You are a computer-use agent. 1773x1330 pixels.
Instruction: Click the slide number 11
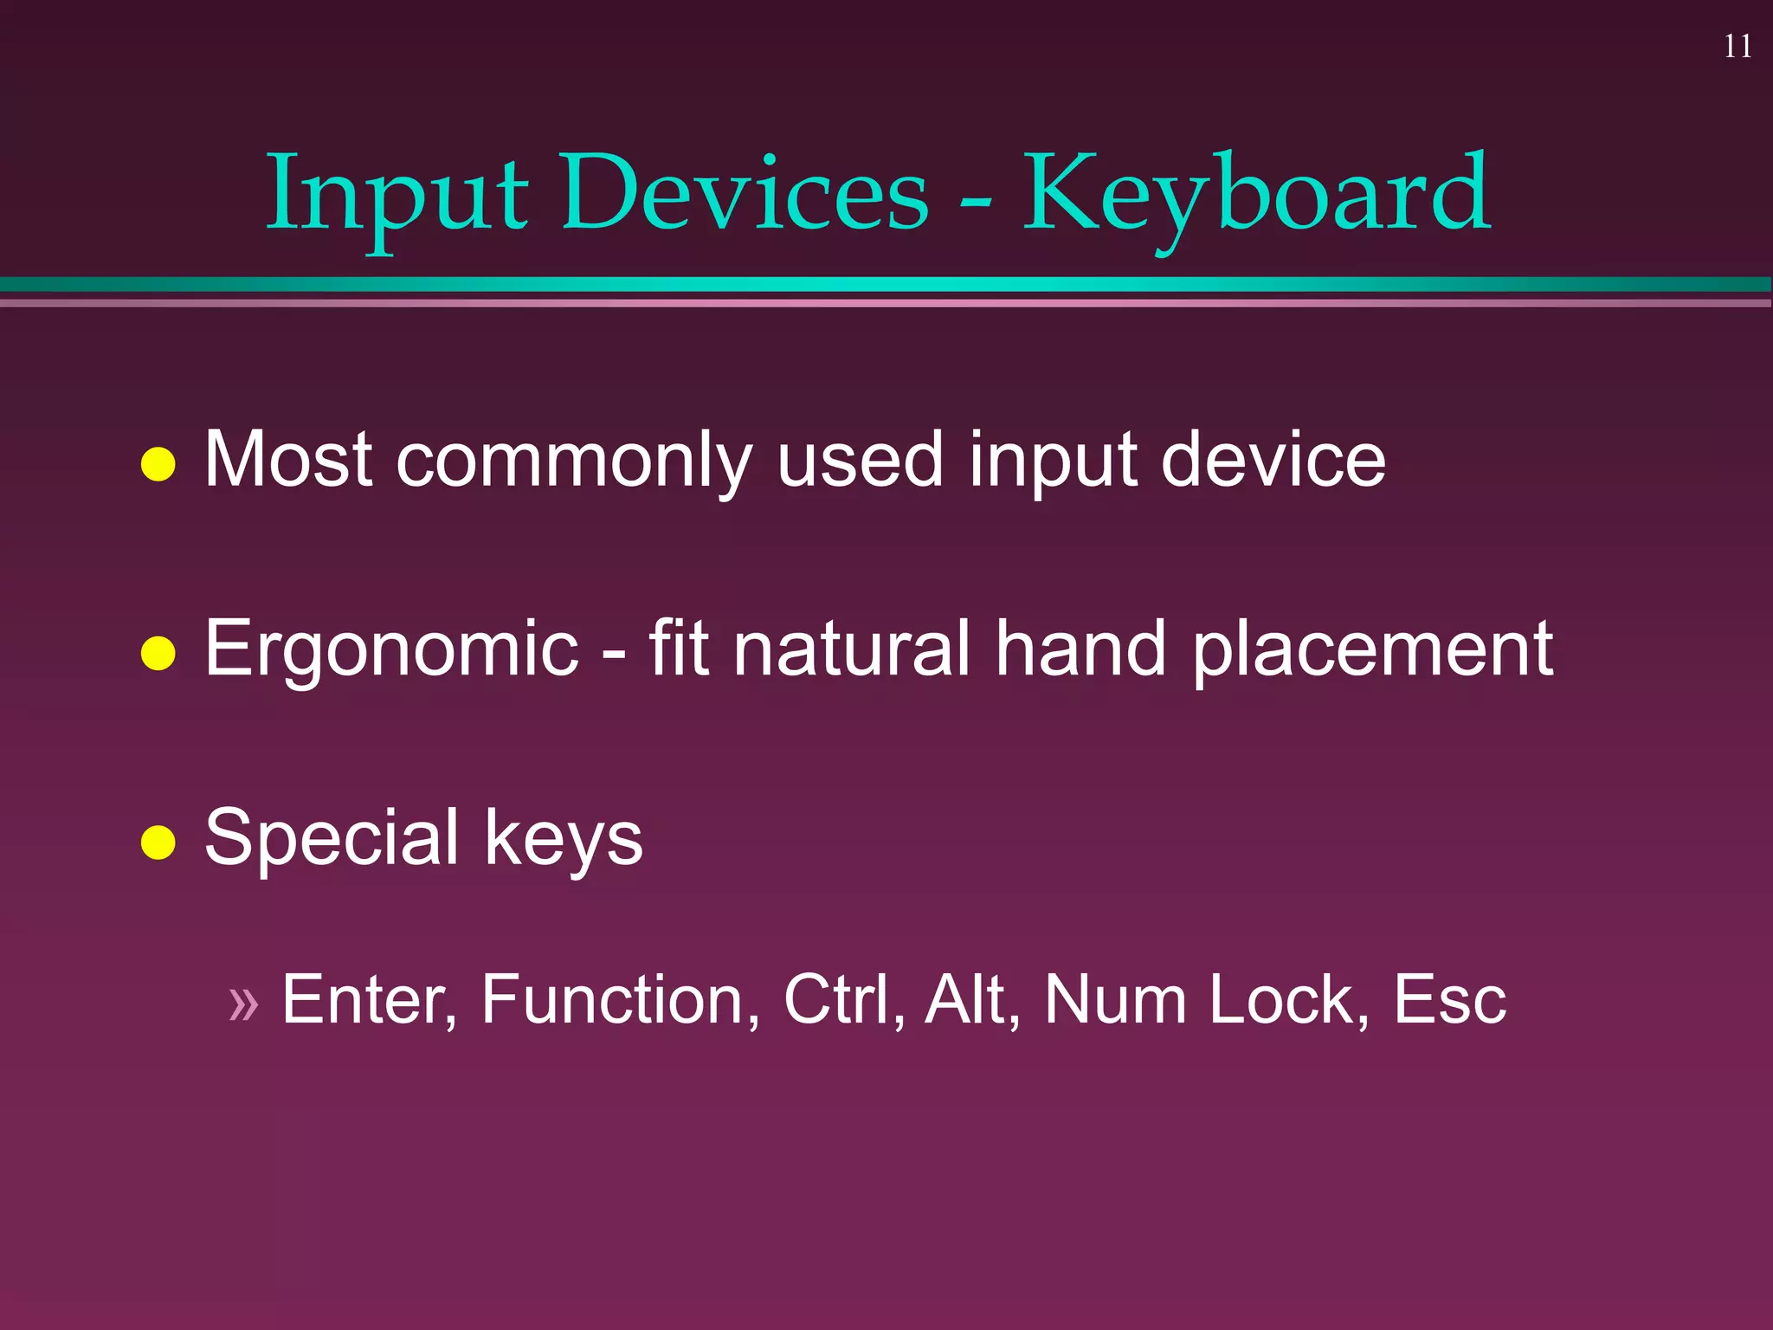tap(1738, 46)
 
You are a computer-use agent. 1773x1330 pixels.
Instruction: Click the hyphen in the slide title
tap(976, 202)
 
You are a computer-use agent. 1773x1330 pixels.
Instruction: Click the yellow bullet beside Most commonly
tap(158, 464)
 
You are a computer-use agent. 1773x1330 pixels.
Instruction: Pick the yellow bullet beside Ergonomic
tap(158, 654)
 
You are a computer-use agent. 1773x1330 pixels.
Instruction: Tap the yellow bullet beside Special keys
tap(158, 842)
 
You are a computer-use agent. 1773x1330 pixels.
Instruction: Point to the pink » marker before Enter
tap(243, 1004)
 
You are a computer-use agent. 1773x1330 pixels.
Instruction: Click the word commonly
tap(573, 461)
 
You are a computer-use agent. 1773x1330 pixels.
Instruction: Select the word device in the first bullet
tap(1273, 459)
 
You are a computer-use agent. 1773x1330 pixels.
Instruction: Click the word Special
tap(332, 838)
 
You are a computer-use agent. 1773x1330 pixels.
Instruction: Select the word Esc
tap(1449, 999)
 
